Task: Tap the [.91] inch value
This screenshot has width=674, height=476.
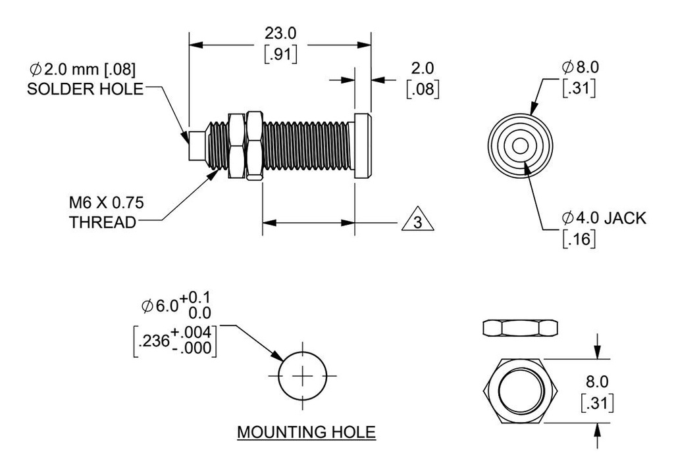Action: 280,54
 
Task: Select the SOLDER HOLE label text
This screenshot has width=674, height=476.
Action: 85,89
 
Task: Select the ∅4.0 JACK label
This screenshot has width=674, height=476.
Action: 604,218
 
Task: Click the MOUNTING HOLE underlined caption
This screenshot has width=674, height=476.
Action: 306,433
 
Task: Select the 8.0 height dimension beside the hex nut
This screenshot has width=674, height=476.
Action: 598,381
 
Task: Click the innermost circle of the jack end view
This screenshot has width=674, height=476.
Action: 520,147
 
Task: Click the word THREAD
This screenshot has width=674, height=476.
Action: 103,222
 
